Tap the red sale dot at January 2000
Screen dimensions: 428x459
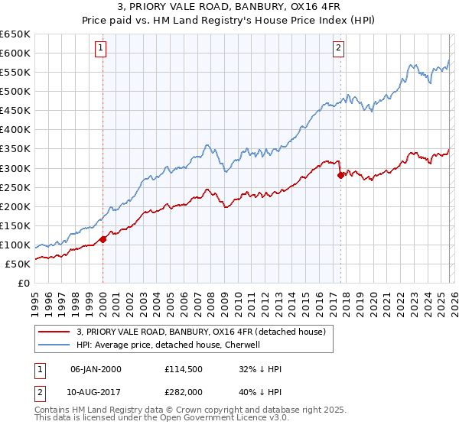[x=103, y=239]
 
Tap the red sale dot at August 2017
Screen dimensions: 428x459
[x=340, y=175]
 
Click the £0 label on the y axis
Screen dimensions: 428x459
[x=24, y=284]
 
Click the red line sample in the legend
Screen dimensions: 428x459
[x=54, y=332]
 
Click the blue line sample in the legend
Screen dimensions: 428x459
[x=54, y=344]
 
